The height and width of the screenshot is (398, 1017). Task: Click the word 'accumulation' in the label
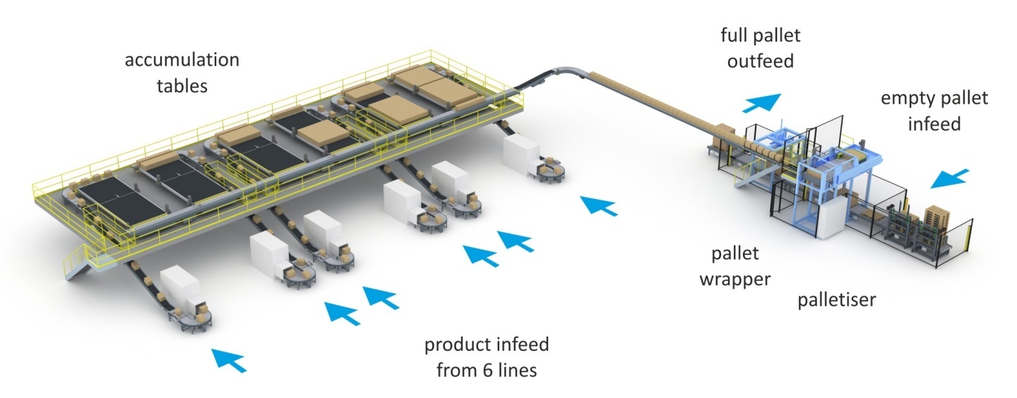pos(182,60)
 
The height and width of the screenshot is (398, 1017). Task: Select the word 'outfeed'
pos(761,61)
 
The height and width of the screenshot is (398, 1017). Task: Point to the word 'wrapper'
pos(734,279)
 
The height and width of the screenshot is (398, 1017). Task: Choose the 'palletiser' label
pos(836,300)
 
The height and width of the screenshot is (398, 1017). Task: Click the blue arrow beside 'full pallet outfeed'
pos(763,103)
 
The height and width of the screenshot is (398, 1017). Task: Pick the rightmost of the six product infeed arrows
pos(597,205)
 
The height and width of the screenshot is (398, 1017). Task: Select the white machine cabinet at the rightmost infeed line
pos(521,155)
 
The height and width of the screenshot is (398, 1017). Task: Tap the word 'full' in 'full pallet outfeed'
pos(734,35)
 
